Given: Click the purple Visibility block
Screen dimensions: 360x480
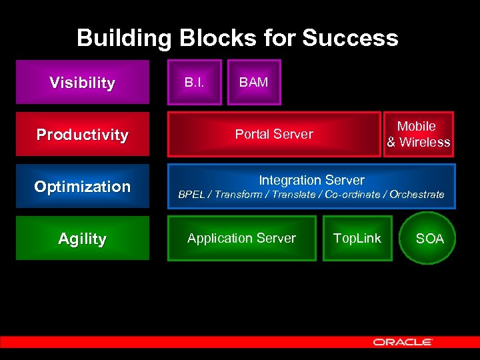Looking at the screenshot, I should pyautogui.click(x=82, y=83).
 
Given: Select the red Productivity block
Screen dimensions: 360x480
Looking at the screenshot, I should pyautogui.click(x=82, y=135).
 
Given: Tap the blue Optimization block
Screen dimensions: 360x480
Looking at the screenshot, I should pyautogui.click(x=82, y=187).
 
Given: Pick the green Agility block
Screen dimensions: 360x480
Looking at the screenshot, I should pyautogui.click(x=82, y=239).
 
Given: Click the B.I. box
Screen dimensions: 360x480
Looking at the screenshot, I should pyautogui.click(x=194, y=83).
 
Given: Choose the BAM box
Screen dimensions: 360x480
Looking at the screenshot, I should pyautogui.click(x=254, y=83).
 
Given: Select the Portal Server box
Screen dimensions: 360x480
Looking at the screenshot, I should pyautogui.click(x=274, y=134).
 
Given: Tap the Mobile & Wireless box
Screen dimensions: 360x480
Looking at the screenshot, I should pyautogui.click(x=418, y=134).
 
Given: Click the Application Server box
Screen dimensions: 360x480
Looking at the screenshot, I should pyautogui.click(x=241, y=238).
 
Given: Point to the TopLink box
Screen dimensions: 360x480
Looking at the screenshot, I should pyautogui.click(x=357, y=238).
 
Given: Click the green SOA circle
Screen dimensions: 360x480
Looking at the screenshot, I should pyautogui.click(x=429, y=239).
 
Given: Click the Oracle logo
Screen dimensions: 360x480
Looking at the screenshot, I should pyautogui.click(x=403, y=342).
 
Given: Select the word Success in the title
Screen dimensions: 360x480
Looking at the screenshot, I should pyautogui.click(x=350, y=38).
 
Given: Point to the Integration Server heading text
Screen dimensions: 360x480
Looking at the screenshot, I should pyautogui.click(x=311, y=180).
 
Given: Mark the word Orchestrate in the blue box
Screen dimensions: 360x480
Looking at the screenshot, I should pyautogui.click(x=417, y=195).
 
